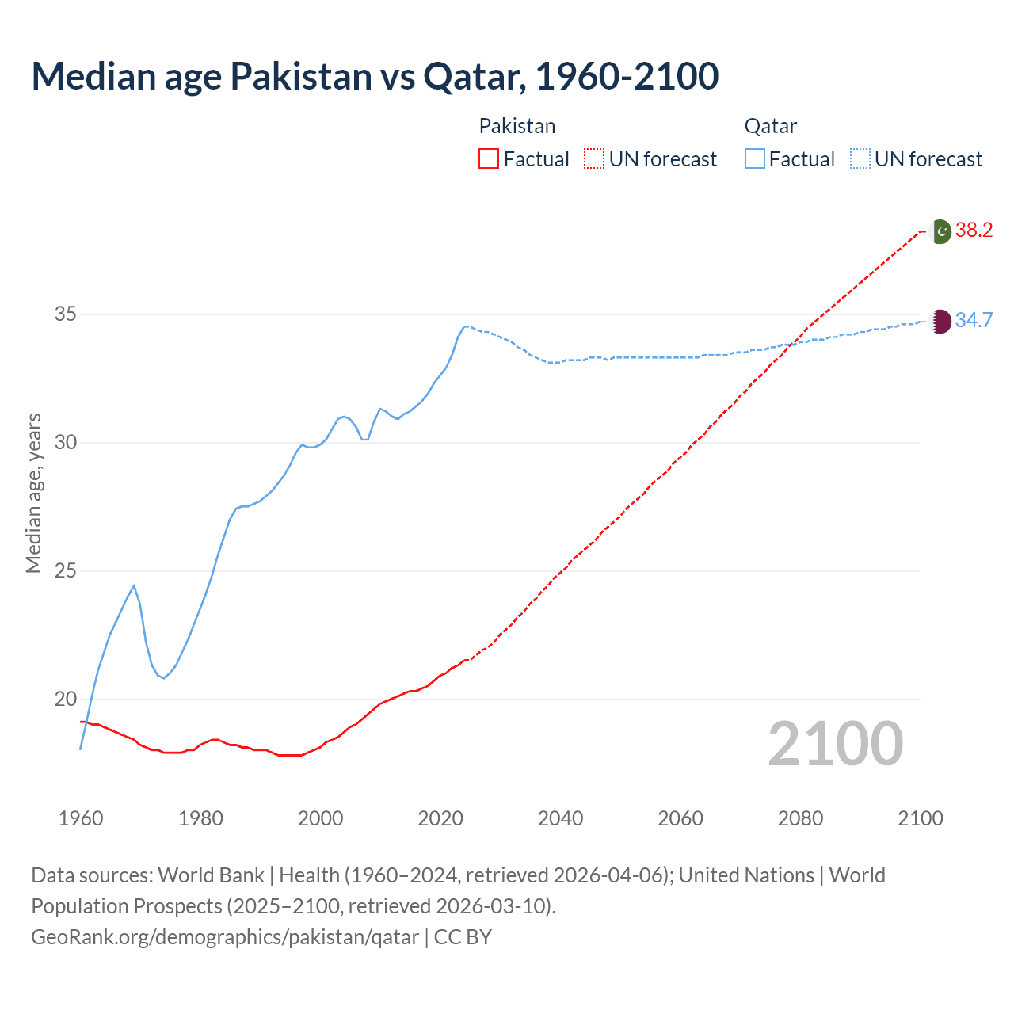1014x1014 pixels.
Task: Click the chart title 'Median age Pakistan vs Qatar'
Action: pos(375,76)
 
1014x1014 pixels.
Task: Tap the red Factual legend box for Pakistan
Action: pos(489,159)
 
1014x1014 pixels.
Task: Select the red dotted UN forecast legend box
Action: pos(593,159)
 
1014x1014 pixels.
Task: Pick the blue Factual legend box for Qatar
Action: pos(755,159)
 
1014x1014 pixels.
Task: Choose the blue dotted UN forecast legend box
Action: pos(860,159)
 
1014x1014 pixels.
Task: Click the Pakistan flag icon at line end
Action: pos(940,231)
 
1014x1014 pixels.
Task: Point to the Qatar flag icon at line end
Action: pos(940,321)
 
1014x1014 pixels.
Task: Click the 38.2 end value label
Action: pos(974,231)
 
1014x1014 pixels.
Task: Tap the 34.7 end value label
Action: pos(974,320)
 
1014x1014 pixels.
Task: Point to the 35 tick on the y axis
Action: pos(66,314)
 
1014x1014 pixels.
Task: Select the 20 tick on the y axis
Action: pos(66,700)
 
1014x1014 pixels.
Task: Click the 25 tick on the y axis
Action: pos(66,571)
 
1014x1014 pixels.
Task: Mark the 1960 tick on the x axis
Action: pos(81,818)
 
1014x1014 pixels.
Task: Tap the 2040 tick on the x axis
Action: pos(560,818)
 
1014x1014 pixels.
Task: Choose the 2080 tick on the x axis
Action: pos(800,818)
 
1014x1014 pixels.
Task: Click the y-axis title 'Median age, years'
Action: pos(33,493)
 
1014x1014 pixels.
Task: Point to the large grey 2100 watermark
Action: pos(835,743)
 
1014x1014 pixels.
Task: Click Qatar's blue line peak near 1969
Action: pos(134,586)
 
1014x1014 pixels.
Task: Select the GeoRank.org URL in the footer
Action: pos(225,937)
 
